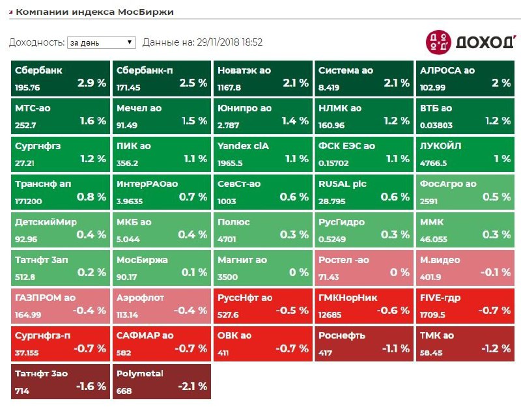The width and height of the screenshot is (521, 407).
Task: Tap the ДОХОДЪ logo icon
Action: click(x=438, y=42)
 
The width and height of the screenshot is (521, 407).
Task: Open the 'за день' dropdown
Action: click(x=101, y=42)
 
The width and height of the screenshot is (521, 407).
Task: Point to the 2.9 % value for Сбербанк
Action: click(x=91, y=83)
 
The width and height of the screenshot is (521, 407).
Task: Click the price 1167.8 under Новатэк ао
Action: click(x=230, y=87)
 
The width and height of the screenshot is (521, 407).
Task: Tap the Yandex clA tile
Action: click(x=263, y=153)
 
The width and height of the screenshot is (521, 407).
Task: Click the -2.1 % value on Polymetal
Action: click(x=193, y=386)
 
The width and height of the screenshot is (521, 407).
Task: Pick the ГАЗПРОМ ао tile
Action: click(x=60, y=304)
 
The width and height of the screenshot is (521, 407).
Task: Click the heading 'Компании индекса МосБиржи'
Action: click(x=94, y=12)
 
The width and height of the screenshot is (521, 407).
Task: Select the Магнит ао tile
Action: click(x=263, y=266)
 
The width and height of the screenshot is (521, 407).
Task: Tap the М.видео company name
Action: click(x=440, y=260)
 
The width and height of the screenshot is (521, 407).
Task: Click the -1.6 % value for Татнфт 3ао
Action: click(x=91, y=386)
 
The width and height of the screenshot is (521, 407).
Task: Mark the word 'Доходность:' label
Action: click(x=36, y=42)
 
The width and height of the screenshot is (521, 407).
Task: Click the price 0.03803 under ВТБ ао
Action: click(x=437, y=125)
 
